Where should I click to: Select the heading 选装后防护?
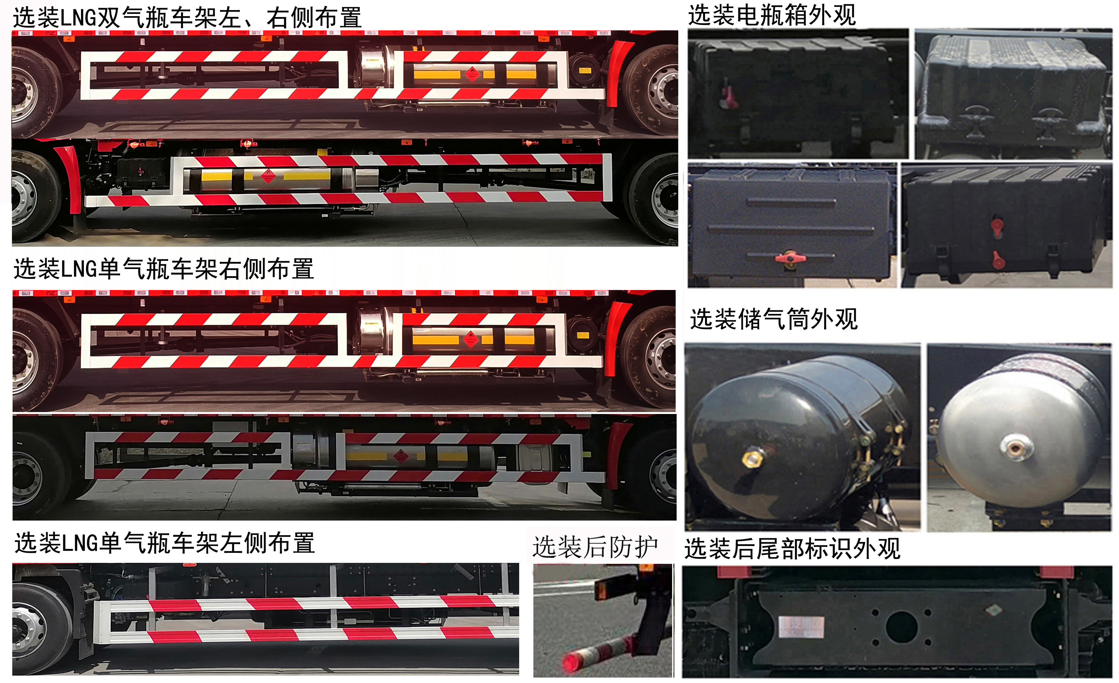click(x=595, y=547)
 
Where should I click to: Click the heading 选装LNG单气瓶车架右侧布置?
click(x=164, y=269)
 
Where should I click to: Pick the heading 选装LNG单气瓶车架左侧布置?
click(x=165, y=543)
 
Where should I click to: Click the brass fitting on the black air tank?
click(x=752, y=457)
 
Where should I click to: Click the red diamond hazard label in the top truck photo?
click(x=472, y=73)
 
